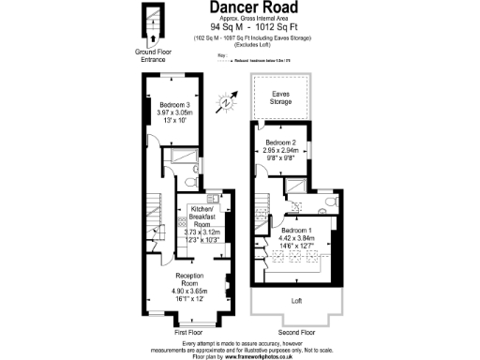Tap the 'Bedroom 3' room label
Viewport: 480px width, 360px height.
(175, 104)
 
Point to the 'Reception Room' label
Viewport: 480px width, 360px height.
(192, 279)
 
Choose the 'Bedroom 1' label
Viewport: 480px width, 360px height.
(297, 230)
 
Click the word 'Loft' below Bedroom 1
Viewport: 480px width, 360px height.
(296, 301)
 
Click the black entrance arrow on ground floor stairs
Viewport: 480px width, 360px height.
(153, 38)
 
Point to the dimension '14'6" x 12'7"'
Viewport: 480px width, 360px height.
(297, 246)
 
